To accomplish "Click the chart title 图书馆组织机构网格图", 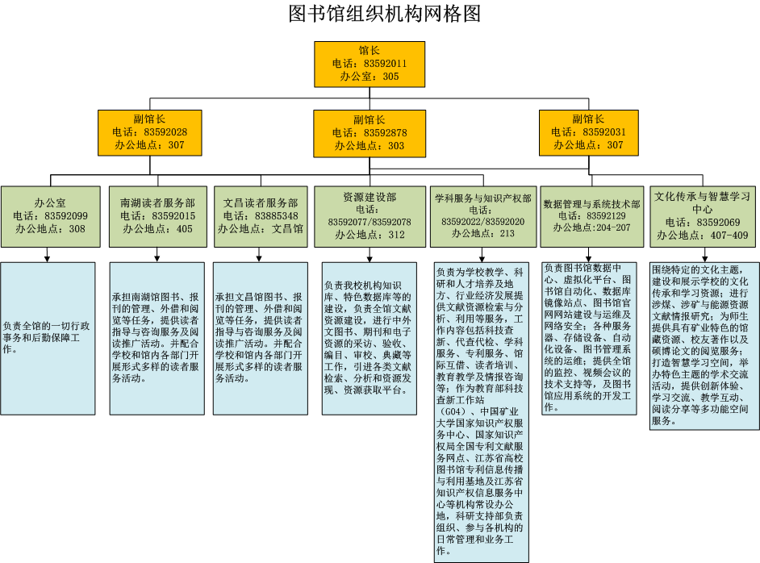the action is coord(384,14).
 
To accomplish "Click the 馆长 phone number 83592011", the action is coord(386,64).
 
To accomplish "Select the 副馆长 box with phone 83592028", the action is coord(150,133).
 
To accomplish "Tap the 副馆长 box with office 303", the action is coord(370,134).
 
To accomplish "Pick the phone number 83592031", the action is coord(604,132).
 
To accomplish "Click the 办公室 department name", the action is coord(50,203).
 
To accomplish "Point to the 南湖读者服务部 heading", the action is coord(157,203).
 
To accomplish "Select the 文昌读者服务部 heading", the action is coord(261,203).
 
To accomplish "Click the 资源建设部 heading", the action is coord(370,197).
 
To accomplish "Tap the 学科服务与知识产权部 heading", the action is coord(482,198).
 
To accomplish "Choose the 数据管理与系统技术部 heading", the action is coord(592,204).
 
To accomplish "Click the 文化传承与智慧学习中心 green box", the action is coord(703,217).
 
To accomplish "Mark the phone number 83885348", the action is coord(276,216).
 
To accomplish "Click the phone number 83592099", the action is coord(66,216).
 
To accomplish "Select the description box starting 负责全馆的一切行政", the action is coord(48,339).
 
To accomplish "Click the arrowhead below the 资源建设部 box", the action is coord(370,259).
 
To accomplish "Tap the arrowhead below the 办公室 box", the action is coord(47,259).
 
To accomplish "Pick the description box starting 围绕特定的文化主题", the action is coord(704,346).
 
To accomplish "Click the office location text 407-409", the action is coord(729,236).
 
